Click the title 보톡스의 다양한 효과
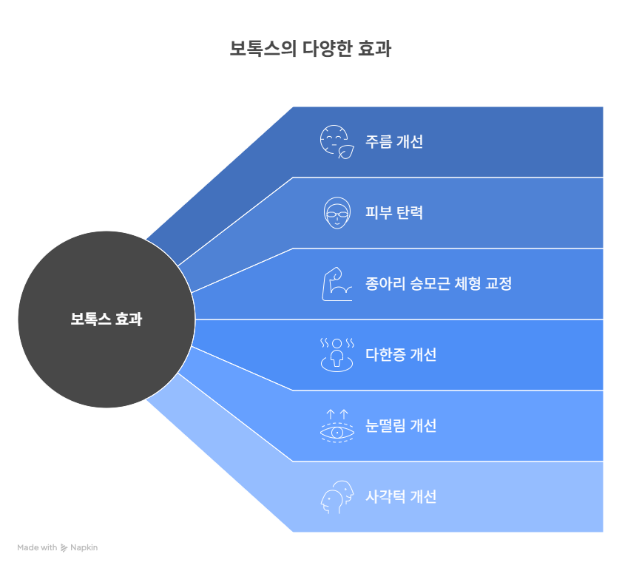tap(311, 48)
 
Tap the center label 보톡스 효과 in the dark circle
tap(107, 319)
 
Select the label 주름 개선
tap(394, 141)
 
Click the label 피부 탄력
tap(394, 212)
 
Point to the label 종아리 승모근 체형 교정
tap(439, 283)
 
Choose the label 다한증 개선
tap(401, 354)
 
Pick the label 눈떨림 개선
tap(401, 425)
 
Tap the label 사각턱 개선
tap(401, 496)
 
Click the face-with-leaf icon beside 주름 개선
tap(337, 142)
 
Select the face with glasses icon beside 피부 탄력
tap(337, 212)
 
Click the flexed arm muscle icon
tap(337, 284)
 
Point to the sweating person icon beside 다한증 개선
tap(337, 355)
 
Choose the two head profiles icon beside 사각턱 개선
tap(337, 497)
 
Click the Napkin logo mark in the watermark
tap(64, 548)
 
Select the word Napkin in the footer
tap(84, 548)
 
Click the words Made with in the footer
tap(37, 547)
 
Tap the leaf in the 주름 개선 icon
tap(346, 152)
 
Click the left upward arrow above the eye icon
tap(331, 414)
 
